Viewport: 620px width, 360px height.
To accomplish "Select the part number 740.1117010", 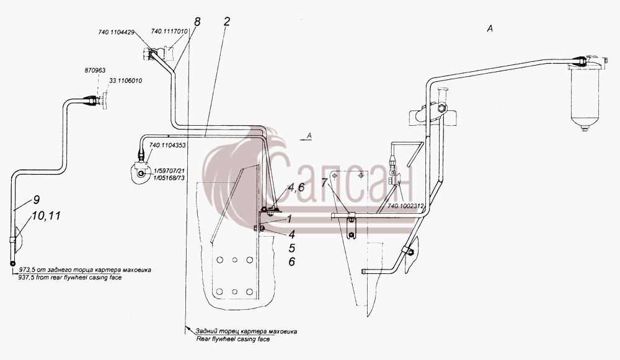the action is (169, 31).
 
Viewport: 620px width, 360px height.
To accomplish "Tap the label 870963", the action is (95, 71).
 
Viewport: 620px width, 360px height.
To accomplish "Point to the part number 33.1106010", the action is (125, 81).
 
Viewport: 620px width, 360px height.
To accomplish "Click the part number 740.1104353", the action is (167, 145).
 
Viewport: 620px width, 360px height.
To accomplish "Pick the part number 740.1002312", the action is (405, 206).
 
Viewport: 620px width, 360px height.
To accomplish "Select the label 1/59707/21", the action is (169, 171).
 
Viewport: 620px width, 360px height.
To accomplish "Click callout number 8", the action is (197, 22).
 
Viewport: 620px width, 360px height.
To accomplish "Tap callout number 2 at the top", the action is (226, 21).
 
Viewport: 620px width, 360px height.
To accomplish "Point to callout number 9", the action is (36, 200).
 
